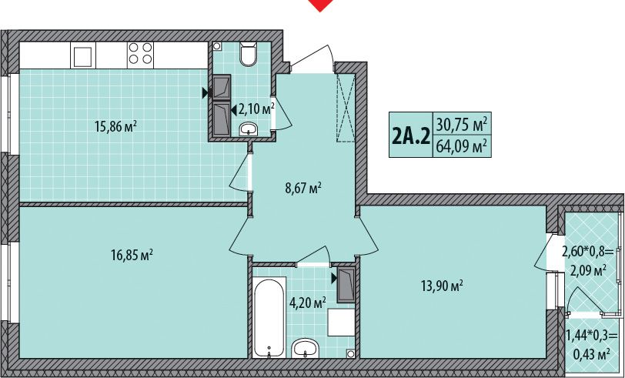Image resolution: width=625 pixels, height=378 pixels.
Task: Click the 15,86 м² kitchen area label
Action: (x=115, y=127)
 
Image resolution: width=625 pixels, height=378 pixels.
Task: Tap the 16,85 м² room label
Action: (x=132, y=254)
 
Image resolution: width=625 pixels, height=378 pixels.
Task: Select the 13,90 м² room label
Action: (x=442, y=286)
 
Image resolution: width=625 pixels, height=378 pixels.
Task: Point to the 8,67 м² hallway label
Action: (x=303, y=188)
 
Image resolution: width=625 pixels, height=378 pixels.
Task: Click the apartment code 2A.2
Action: (x=411, y=135)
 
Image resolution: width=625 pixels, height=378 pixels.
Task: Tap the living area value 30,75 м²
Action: (x=462, y=125)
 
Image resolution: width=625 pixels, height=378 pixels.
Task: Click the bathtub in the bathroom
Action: (x=269, y=317)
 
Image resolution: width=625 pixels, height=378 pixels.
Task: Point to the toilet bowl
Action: (x=249, y=54)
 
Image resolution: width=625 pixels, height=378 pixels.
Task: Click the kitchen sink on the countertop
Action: (x=83, y=55)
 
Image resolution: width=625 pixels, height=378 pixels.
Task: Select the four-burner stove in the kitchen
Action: (x=141, y=54)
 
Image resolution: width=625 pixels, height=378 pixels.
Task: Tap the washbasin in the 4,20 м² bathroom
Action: (x=306, y=349)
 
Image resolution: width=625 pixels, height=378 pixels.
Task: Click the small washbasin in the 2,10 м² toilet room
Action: (x=249, y=129)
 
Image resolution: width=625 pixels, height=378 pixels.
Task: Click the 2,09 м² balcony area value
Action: (x=588, y=271)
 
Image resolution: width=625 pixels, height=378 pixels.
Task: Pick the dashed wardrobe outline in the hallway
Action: (x=345, y=108)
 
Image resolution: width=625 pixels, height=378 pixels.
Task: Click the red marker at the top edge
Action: (x=320, y=5)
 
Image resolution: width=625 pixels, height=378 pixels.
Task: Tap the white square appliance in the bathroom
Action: (x=341, y=322)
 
